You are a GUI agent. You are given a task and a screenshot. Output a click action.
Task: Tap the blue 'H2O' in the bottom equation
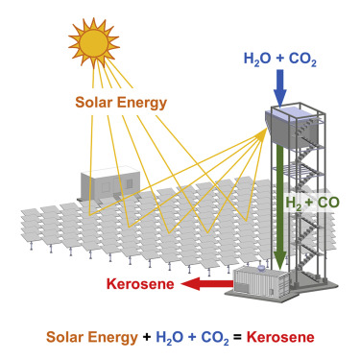click(176, 339)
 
